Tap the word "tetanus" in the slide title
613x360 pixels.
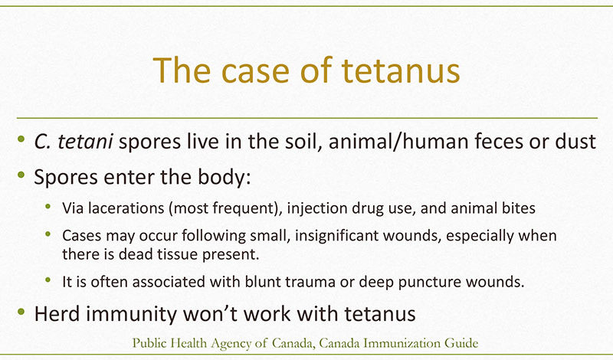point(401,70)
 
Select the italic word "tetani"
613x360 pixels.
point(85,141)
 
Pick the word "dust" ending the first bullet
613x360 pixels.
point(575,141)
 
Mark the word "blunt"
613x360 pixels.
point(263,281)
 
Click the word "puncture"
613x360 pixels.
point(430,282)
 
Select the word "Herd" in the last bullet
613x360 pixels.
point(57,314)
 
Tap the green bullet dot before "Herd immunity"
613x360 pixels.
point(21,312)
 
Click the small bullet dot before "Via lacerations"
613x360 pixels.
point(48,206)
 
